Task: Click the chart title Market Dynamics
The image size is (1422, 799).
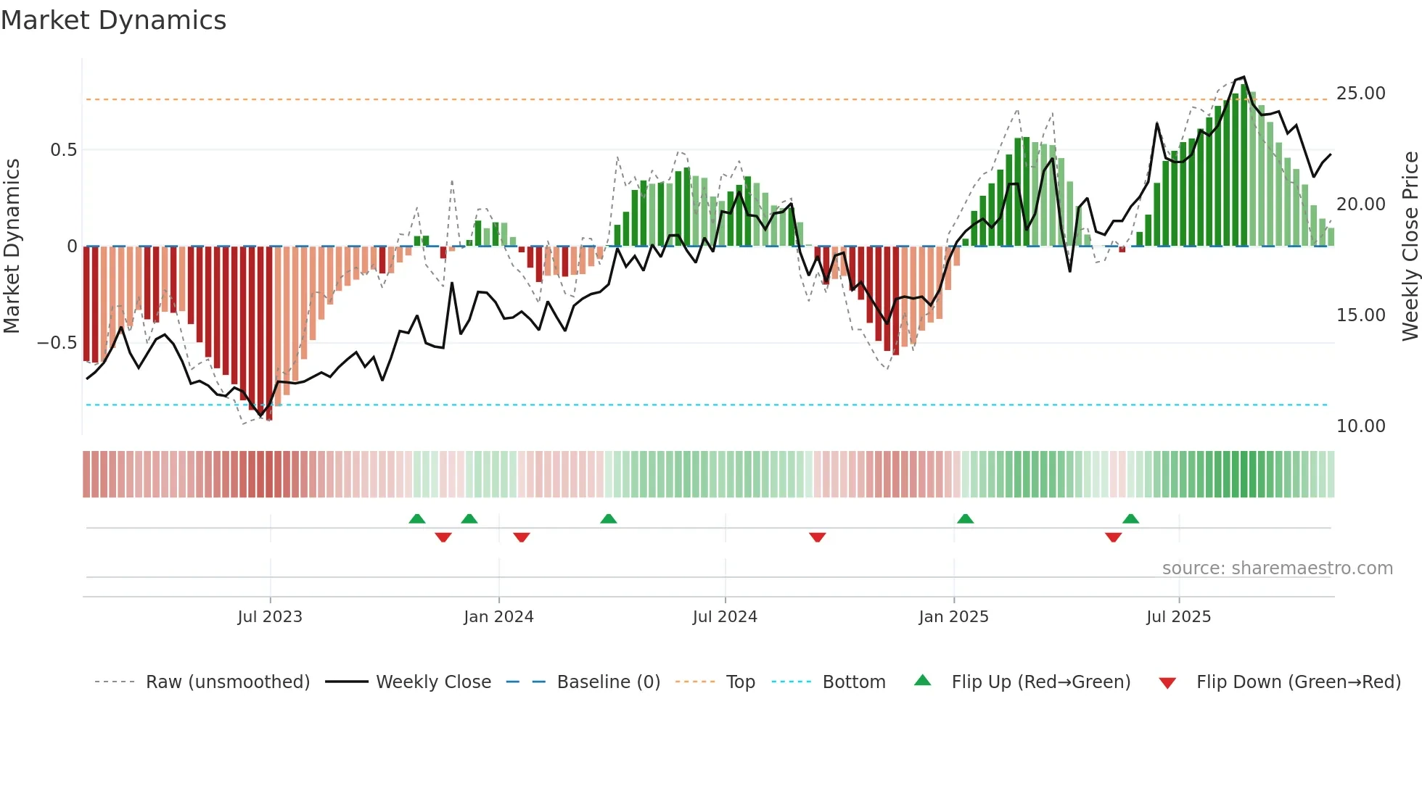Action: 113,20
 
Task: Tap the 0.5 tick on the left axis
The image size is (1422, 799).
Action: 63,150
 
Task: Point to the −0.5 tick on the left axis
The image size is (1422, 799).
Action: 57,343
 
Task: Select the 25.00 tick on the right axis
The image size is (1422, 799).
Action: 1360,94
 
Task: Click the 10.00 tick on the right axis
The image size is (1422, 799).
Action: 1360,426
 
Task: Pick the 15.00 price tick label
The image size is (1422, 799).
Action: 1360,315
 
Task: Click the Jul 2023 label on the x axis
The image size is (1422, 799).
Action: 270,617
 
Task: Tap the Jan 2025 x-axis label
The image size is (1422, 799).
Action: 953,617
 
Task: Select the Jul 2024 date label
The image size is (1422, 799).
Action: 725,617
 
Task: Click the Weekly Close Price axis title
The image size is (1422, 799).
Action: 1410,246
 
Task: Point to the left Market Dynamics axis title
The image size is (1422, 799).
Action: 12,246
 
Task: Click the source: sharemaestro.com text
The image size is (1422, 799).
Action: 1277,568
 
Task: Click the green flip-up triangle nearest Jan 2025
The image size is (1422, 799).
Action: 965,519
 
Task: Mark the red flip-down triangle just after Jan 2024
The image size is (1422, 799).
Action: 522,537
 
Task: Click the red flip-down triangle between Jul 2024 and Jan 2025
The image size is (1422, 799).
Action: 818,537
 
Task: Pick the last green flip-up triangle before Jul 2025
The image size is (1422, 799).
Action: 1130,519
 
